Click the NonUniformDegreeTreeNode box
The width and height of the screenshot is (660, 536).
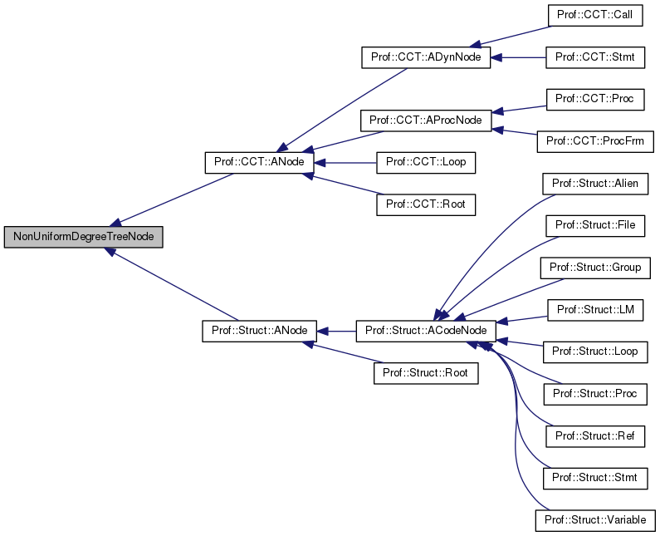point(83,237)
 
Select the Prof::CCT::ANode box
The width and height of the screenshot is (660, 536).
point(259,162)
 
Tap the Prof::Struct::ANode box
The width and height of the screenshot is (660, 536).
point(259,331)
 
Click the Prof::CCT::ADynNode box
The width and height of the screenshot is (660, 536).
point(427,57)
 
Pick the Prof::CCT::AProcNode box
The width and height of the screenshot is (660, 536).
point(426,120)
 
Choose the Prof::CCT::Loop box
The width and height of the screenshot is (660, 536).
point(426,162)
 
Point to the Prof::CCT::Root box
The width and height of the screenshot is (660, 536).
point(426,204)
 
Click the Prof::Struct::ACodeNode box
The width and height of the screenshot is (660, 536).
point(426,331)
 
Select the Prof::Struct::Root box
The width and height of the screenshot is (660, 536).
point(426,373)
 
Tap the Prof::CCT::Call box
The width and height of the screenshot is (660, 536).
point(594,15)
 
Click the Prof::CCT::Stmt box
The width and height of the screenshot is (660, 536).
point(594,57)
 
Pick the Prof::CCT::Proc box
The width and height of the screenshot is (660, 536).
point(594,99)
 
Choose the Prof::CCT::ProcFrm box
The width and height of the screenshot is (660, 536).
point(594,141)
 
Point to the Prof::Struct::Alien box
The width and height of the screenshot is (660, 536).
point(594,184)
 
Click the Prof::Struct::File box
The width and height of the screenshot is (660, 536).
point(594,225)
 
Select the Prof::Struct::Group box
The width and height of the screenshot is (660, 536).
point(594,268)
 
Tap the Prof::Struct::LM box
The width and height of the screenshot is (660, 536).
point(594,310)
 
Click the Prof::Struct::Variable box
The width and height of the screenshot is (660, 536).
point(594,520)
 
